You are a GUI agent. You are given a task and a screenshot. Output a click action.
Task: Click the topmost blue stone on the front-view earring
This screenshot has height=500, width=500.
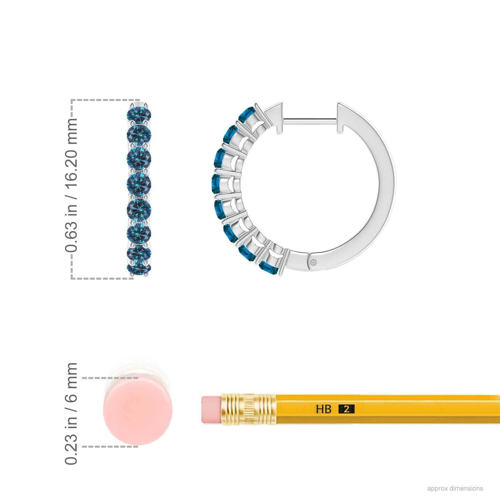point(139,114)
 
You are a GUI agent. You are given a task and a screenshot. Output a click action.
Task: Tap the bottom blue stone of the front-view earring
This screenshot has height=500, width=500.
point(139,268)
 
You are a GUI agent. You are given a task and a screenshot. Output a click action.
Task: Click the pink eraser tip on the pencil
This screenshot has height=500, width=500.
point(211,410)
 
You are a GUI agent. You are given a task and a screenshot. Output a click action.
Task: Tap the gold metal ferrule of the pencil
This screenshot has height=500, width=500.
point(249,409)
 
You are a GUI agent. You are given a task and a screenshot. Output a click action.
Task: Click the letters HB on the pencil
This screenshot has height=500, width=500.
point(324,409)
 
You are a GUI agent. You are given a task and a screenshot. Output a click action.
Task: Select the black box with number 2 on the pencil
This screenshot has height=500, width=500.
point(346,409)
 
